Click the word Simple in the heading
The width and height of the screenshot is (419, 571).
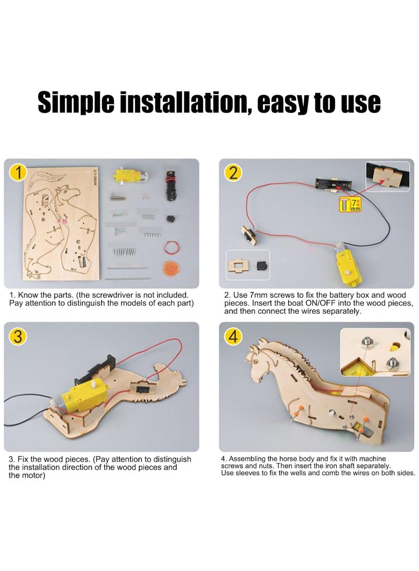[76, 103]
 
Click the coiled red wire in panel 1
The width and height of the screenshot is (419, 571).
[170, 247]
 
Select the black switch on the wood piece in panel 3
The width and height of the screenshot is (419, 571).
[140, 389]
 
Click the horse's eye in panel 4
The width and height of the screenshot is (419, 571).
[256, 362]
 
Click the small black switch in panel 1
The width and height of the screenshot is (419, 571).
[170, 219]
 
